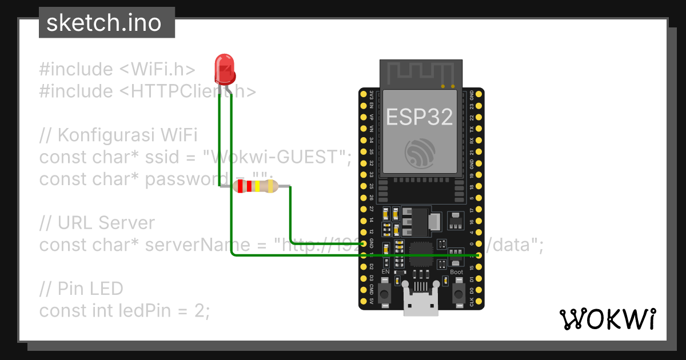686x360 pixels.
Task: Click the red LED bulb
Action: pos(225,68)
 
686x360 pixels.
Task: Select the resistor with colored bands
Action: pos(256,186)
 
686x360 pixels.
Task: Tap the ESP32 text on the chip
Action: pos(420,116)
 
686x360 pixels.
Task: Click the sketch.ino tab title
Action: pos(103,23)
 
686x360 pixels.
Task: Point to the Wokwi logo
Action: pos(607,319)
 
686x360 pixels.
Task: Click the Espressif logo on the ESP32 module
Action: pos(420,153)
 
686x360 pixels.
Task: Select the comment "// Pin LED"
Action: pos(81,289)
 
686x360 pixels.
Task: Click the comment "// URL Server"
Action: pos(97,223)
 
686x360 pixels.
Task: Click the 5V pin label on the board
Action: pos(372,301)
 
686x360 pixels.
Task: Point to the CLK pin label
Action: pos(472,301)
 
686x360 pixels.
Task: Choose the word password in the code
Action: pos(180,179)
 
